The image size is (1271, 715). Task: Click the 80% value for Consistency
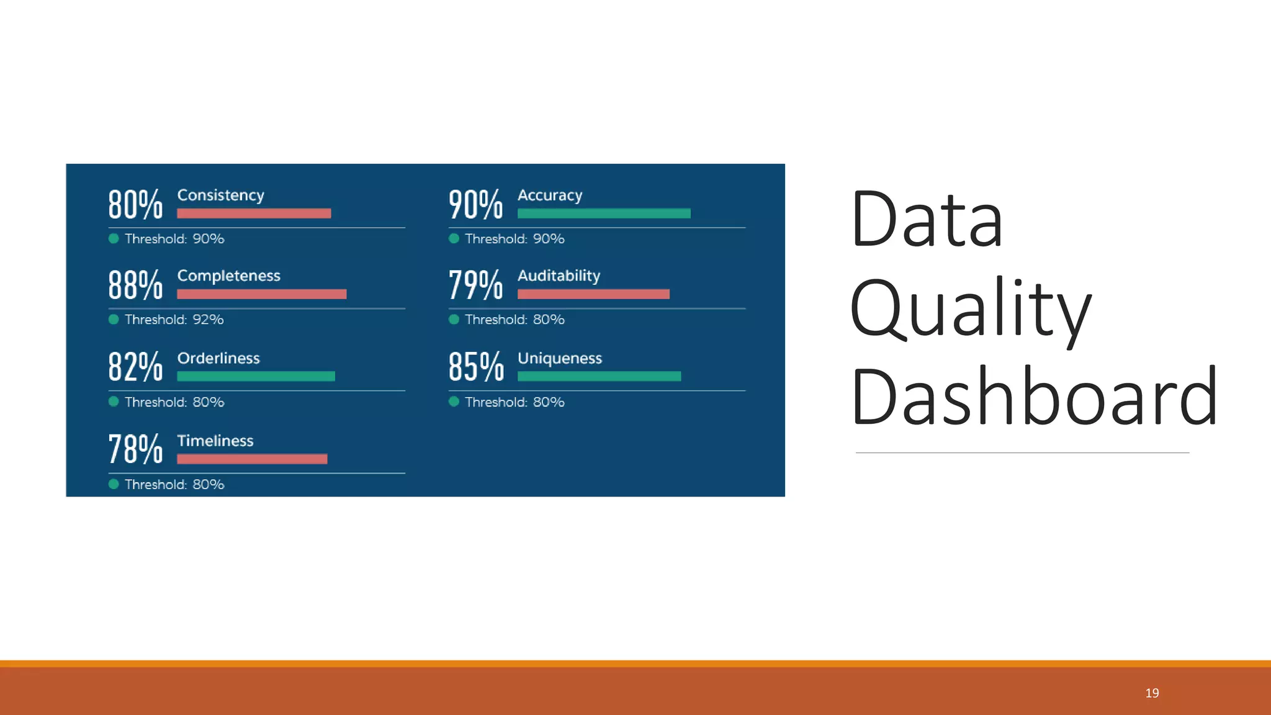(135, 205)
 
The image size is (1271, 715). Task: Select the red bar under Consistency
(254, 214)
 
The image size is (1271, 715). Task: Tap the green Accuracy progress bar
(603, 214)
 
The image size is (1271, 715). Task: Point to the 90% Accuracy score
(475, 205)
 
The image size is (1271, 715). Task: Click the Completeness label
(228, 276)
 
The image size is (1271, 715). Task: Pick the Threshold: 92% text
(174, 320)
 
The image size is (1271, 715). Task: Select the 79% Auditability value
(475, 286)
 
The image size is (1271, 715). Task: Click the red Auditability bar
(593, 294)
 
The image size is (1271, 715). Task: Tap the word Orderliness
(218, 358)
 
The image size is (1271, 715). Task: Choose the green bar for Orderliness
(256, 376)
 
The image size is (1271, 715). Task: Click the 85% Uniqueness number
(475, 367)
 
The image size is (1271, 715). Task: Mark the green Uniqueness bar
(599, 376)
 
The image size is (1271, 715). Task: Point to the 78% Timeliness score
(135, 449)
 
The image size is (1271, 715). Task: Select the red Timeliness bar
(252, 459)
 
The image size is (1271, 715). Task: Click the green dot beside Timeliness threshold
(114, 484)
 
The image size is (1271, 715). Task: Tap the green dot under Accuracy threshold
(454, 238)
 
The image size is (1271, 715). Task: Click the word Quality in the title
(969, 308)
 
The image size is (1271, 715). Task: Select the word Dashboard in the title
(1034, 397)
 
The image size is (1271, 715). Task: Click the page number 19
(1152, 693)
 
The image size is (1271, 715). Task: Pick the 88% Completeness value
(135, 286)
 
